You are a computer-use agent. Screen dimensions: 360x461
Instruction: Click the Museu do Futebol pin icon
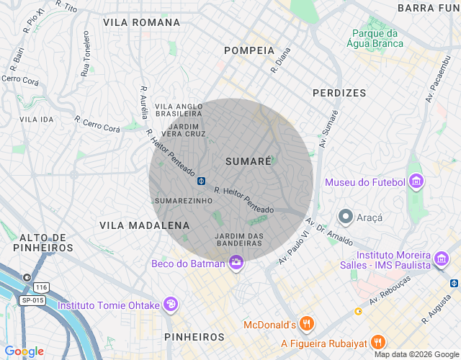tap(416, 182)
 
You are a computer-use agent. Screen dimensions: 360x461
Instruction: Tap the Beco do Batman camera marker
tap(235, 264)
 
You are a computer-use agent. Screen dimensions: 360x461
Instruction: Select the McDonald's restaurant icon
tap(307, 324)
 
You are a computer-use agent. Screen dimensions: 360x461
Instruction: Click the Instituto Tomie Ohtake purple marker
tap(171, 305)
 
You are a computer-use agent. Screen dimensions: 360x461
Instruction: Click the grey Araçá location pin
tap(346, 216)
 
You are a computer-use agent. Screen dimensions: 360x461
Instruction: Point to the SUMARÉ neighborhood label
tap(248, 161)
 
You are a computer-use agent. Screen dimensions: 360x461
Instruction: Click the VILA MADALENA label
tap(144, 225)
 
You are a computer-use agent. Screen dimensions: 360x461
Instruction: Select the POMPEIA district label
tap(249, 50)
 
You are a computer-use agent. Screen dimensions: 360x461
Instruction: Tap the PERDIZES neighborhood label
tap(339, 93)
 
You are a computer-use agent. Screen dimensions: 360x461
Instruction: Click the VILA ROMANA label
tap(141, 22)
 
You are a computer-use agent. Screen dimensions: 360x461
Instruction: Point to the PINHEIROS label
tap(194, 337)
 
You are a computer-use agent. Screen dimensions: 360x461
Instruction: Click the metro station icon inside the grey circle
tap(202, 181)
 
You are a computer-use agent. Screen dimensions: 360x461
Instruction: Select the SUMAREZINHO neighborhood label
tap(184, 200)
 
